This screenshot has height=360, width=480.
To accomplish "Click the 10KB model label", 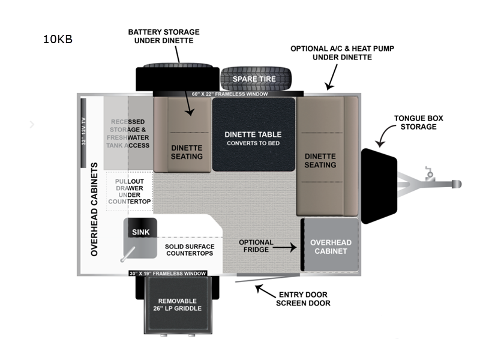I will (58, 40).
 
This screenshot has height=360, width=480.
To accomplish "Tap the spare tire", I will (256, 79).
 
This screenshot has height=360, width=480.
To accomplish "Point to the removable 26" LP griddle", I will (179, 304).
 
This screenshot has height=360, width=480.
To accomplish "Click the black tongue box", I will (379, 186).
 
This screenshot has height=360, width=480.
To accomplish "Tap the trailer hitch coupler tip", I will (457, 182).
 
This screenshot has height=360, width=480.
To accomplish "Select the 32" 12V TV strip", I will (84, 133).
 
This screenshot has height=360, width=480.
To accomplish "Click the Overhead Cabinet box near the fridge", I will (330, 246).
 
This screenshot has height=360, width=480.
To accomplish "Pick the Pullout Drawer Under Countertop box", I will (128, 191).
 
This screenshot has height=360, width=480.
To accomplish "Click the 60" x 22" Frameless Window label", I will (230, 94).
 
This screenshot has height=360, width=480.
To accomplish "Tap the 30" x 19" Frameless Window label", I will (168, 274).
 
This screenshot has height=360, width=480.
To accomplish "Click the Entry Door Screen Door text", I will (303, 299).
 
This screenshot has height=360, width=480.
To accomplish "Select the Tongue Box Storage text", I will (418, 122).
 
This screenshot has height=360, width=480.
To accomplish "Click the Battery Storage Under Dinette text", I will (164, 36).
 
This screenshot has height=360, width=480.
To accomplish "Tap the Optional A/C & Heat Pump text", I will (334, 52).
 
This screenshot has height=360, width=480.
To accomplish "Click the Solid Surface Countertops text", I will (189, 250).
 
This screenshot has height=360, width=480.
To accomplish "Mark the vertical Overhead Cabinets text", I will (94, 209).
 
